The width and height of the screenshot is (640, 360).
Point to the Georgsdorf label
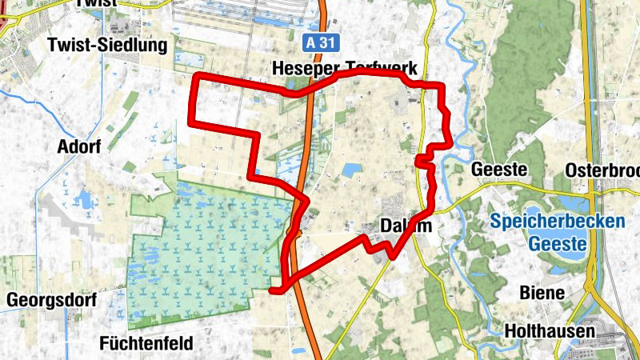(x=52, y=301)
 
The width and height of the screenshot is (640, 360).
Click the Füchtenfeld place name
(x=147, y=344)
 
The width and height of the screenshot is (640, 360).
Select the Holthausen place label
(x=550, y=330)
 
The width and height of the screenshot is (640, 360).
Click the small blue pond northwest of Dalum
(x=352, y=170)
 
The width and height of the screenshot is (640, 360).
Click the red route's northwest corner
(x=198, y=77)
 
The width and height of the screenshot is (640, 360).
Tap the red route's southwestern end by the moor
(x=275, y=290)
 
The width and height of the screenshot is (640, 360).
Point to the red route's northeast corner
(x=442, y=86)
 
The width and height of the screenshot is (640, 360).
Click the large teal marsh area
(x=208, y=248)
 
